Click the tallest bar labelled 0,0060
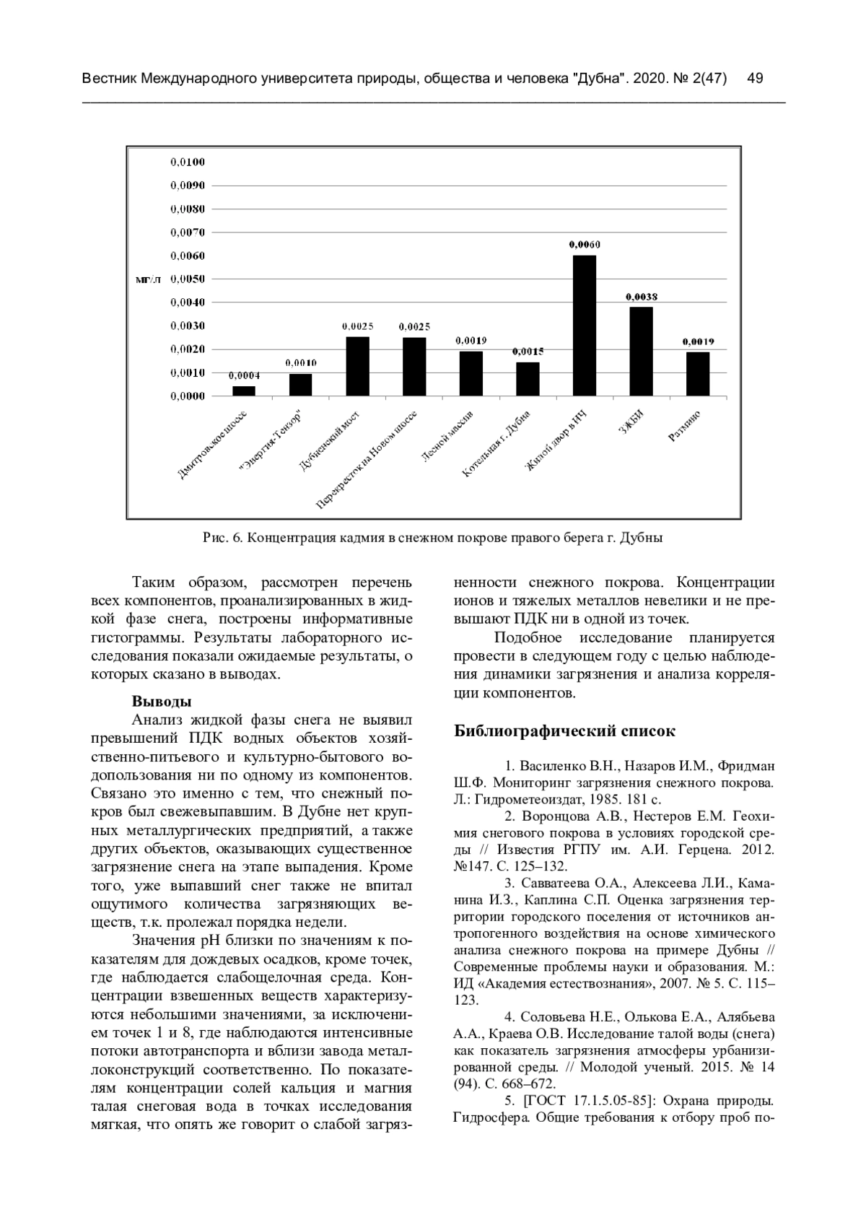coord(585,326)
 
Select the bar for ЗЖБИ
coord(641,352)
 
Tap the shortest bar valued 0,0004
coord(244,391)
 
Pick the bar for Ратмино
coord(698,374)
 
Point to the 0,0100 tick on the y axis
coord(188,162)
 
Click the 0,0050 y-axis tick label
coord(188,279)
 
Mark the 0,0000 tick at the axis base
coord(188,396)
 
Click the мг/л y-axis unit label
coord(149,279)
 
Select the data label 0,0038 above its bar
coord(641,297)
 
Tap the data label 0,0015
coord(528,352)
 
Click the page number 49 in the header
coord(756,78)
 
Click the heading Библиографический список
coord(564,731)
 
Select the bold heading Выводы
coord(161,701)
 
